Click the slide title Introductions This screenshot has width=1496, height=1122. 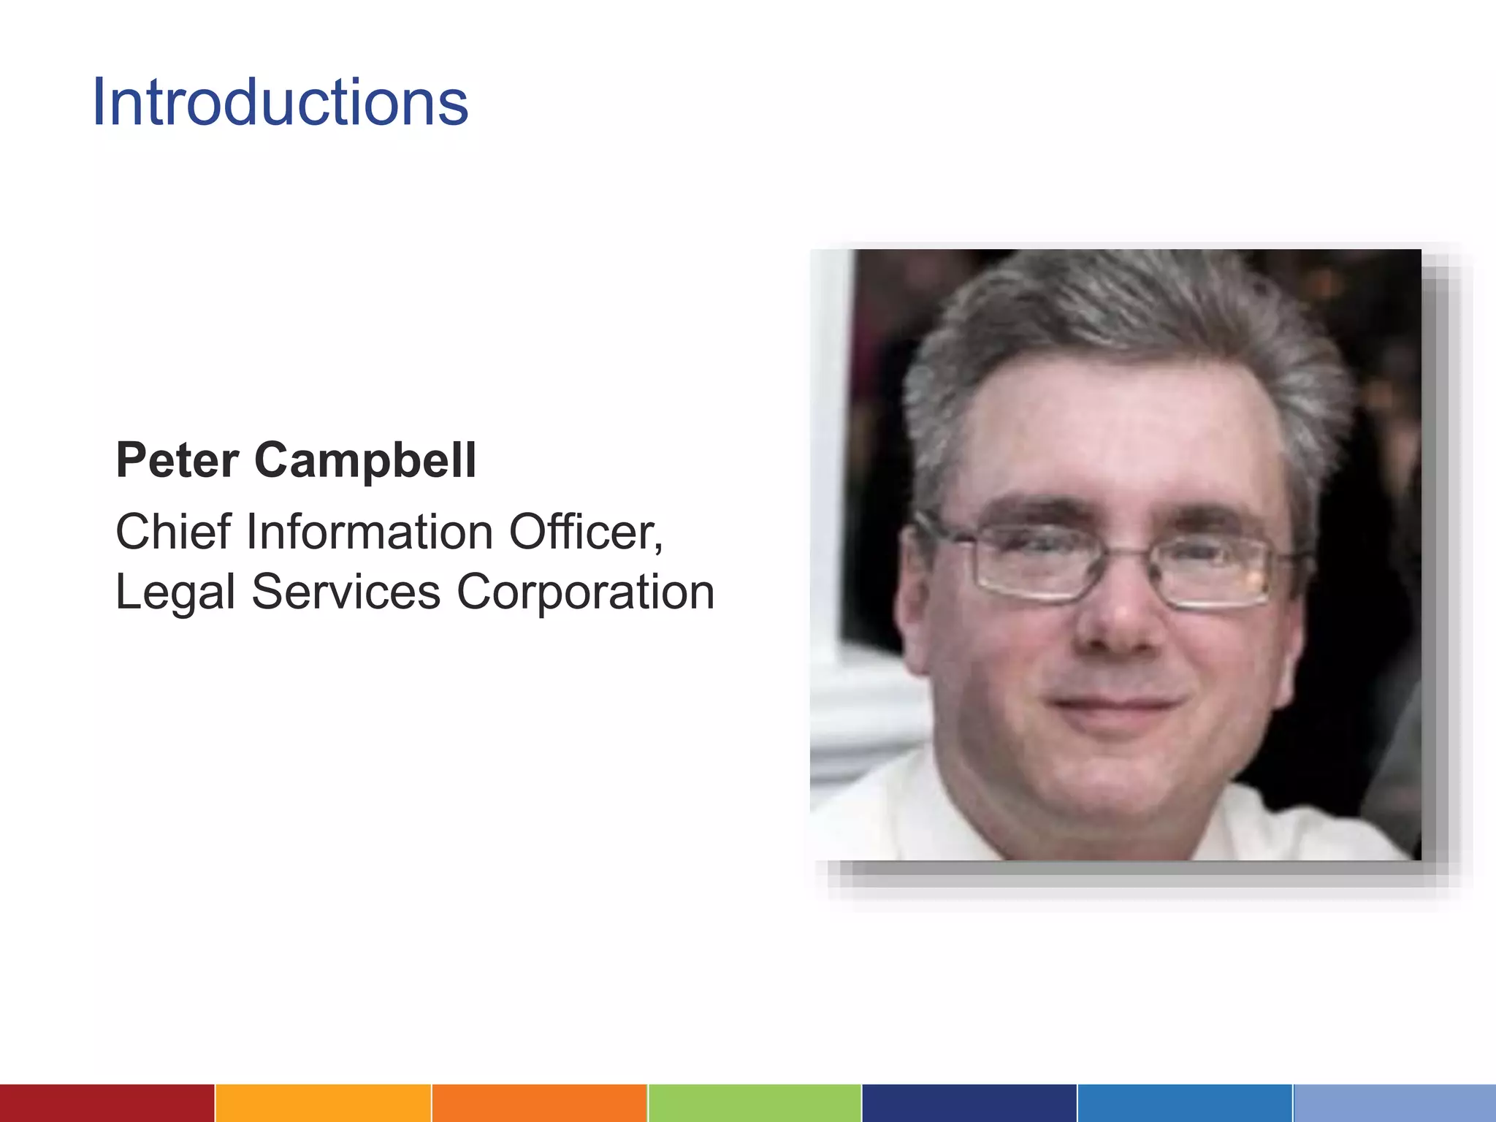280,102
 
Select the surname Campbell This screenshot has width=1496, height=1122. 365,462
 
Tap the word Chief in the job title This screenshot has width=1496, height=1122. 173,531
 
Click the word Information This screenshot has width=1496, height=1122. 370,531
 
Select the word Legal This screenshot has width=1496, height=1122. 175,592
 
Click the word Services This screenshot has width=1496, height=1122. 346,591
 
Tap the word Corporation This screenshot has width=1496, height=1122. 585,592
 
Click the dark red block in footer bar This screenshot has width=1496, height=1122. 107,1103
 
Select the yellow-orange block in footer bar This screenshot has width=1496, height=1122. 323,1103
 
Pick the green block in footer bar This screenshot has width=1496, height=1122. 754,1103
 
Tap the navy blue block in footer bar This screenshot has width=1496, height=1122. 969,1103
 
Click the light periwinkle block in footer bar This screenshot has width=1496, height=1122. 1394,1103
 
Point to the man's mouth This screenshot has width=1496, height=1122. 1114,705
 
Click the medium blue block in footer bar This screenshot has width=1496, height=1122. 1184,1103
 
